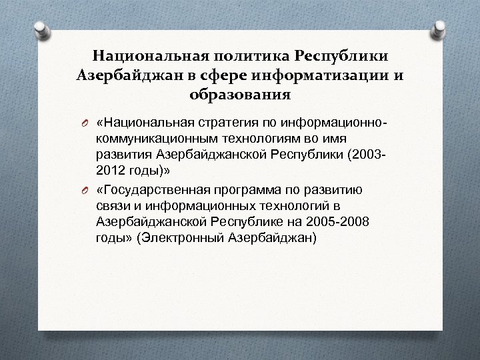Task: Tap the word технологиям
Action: point(257,140)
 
